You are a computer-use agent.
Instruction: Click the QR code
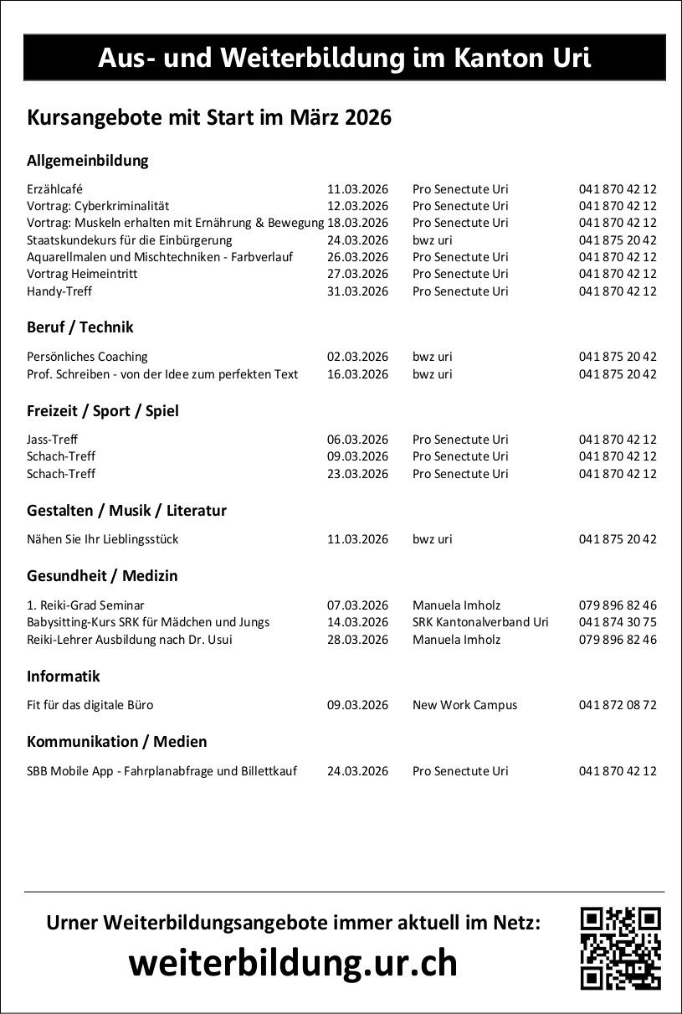620,948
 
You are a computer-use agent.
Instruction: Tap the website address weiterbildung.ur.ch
293,964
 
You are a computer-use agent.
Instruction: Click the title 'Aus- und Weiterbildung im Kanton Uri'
344,58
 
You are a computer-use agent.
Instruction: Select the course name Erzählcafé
54,189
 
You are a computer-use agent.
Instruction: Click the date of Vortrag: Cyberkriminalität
357,206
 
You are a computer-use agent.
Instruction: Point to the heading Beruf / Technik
80,327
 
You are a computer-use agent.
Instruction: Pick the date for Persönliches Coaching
357,357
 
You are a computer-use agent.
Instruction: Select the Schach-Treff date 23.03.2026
357,474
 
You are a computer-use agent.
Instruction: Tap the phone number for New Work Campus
617,705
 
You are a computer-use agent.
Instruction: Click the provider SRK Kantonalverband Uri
480,622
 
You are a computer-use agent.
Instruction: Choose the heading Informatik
64,676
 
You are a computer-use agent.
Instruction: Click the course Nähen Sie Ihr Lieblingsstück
102,539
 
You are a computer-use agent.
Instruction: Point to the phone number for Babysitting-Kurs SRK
617,622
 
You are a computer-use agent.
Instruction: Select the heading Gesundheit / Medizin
102,576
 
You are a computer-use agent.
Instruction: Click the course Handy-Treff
59,291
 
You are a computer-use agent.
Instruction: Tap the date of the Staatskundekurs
357,240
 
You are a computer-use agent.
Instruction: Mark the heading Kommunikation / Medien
117,742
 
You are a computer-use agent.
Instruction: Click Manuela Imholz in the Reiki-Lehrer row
456,640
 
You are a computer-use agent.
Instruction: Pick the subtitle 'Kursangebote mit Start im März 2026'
209,118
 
